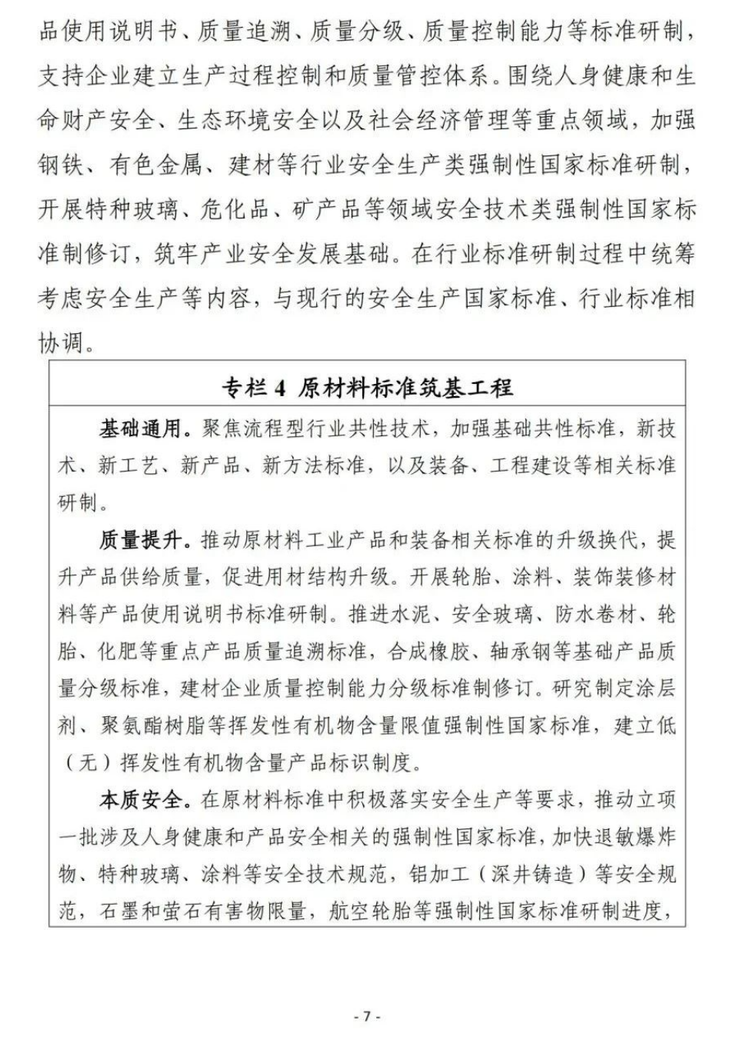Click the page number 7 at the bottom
(366, 1016)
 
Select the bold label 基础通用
(139, 428)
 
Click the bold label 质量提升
(139, 541)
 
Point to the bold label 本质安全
(139, 800)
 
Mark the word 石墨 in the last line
(119, 912)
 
